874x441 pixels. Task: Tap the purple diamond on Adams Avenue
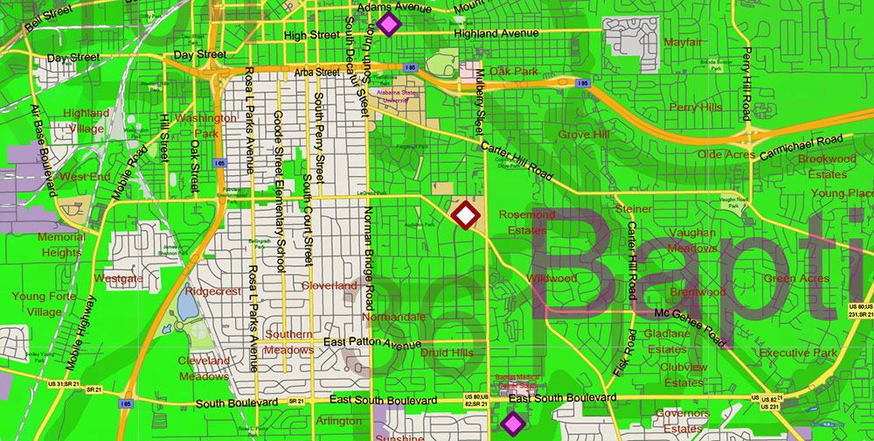click(x=389, y=24)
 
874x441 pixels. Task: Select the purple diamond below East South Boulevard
click(x=512, y=423)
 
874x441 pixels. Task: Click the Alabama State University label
click(x=398, y=95)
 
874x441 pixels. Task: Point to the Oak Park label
click(x=514, y=71)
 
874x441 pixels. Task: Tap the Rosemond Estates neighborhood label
click(x=527, y=222)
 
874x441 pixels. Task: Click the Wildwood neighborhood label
click(x=551, y=278)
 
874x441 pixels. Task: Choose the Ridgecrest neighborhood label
click(x=212, y=290)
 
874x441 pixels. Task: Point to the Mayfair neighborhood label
click(x=683, y=42)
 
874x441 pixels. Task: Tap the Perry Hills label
click(x=696, y=107)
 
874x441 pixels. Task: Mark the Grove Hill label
click(x=584, y=135)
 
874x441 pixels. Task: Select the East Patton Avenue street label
click(x=371, y=343)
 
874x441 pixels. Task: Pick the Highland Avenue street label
click(x=496, y=33)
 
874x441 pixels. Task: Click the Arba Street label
click(x=316, y=72)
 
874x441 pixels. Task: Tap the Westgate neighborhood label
click(x=118, y=278)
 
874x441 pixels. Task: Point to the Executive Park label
click(x=798, y=353)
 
